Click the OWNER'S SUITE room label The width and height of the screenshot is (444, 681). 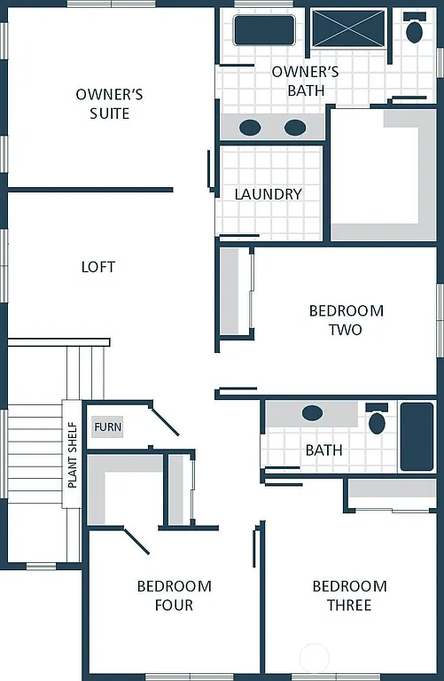(109, 104)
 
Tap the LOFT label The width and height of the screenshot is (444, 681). (98, 267)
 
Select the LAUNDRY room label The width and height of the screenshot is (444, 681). (268, 194)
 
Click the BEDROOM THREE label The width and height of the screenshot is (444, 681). (349, 596)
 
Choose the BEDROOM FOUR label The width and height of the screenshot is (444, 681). (174, 596)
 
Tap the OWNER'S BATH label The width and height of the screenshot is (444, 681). (305, 81)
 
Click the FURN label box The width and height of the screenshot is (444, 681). (107, 427)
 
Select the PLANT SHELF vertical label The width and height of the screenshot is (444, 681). (72, 454)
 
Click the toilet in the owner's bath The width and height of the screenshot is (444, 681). (414, 29)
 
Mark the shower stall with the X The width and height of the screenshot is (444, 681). (348, 28)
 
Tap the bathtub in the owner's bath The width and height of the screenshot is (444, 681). (263, 29)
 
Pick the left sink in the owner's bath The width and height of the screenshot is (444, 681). (250, 128)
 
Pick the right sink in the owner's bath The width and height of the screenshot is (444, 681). (295, 128)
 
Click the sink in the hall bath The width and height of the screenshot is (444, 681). (312, 413)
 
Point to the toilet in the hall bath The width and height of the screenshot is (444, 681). (377, 420)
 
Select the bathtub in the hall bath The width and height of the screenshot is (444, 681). (417, 436)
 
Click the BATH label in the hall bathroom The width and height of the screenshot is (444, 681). (323, 450)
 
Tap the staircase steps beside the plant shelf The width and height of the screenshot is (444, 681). (34, 452)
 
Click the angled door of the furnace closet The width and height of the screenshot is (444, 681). (164, 420)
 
